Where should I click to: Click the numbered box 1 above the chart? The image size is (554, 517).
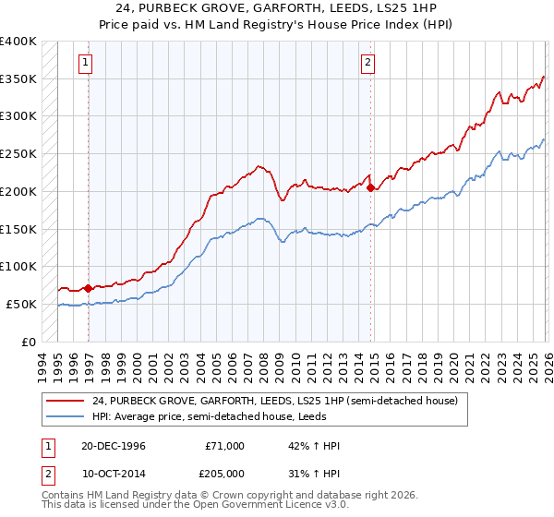tap(85, 63)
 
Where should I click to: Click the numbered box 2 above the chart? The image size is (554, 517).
tap(367, 63)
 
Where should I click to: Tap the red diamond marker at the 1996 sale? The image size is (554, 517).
tap(89, 288)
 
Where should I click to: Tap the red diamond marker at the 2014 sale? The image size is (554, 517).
tap(371, 187)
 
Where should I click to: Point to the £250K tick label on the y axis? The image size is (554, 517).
tap(18, 153)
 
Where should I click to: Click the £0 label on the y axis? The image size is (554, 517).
tap(28, 342)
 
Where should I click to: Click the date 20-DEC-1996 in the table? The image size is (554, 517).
tap(113, 446)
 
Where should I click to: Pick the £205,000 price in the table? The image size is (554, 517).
tap(225, 473)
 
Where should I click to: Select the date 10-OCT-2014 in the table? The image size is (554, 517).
tap(113, 473)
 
